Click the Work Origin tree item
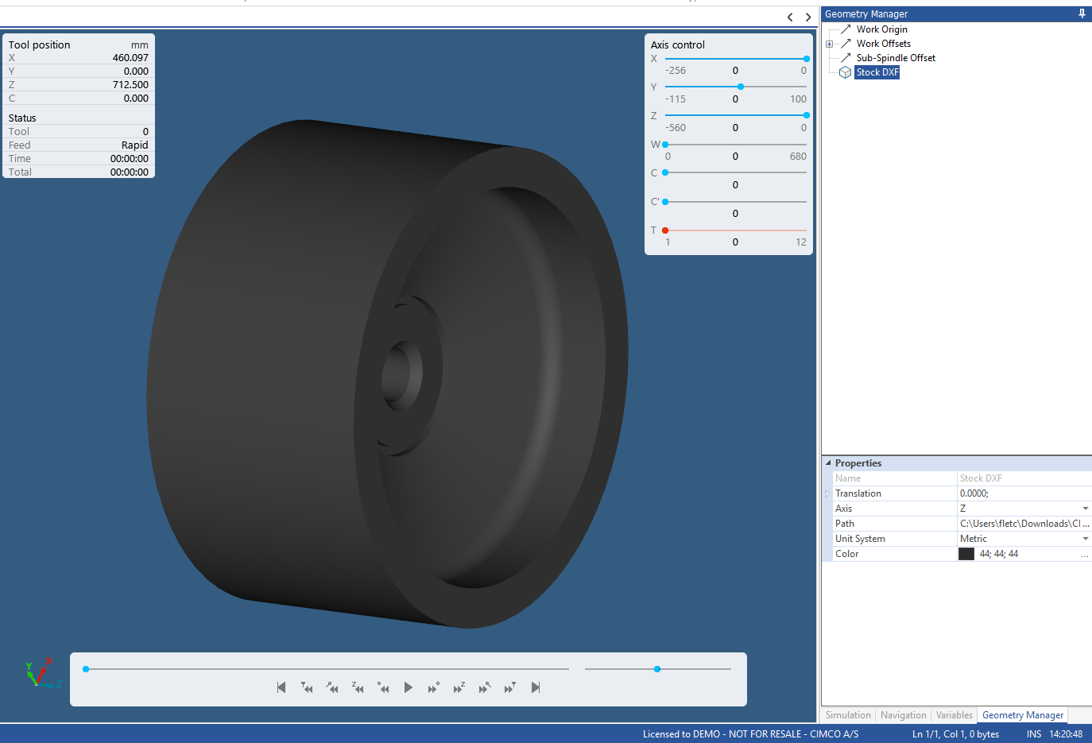pyautogui.click(x=881, y=29)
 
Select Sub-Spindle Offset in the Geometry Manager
pyautogui.click(x=895, y=58)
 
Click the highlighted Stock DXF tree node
pyautogui.click(x=877, y=72)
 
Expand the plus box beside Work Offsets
pyautogui.click(x=829, y=45)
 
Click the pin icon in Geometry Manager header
pyautogui.click(x=1082, y=14)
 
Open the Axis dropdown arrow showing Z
pyautogui.click(x=1085, y=509)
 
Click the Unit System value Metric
pyautogui.click(x=974, y=539)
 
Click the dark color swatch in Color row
pyautogui.click(x=966, y=554)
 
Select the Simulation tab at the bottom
pyautogui.click(x=848, y=715)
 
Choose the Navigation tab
pyautogui.click(x=903, y=715)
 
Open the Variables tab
pyautogui.click(x=954, y=715)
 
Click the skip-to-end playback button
pyautogui.click(x=536, y=687)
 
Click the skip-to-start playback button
pyautogui.click(x=281, y=687)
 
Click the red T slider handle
pyautogui.click(x=665, y=230)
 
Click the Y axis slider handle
pyautogui.click(x=741, y=87)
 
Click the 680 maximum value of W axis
pyautogui.click(x=798, y=157)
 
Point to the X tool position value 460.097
pyautogui.click(x=130, y=58)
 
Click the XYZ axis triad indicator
pyautogui.click(x=39, y=674)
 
